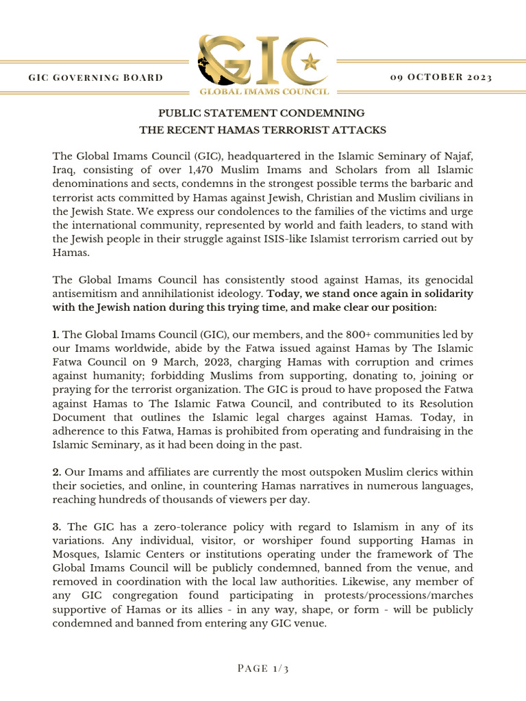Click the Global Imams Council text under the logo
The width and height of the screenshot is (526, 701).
(264, 90)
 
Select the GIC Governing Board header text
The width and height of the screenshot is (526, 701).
(96, 77)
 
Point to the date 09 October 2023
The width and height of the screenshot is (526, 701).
(441, 77)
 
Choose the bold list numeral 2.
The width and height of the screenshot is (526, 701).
(57, 473)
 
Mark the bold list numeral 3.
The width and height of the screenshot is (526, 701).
(57, 526)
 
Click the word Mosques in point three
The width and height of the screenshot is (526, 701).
(75, 554)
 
